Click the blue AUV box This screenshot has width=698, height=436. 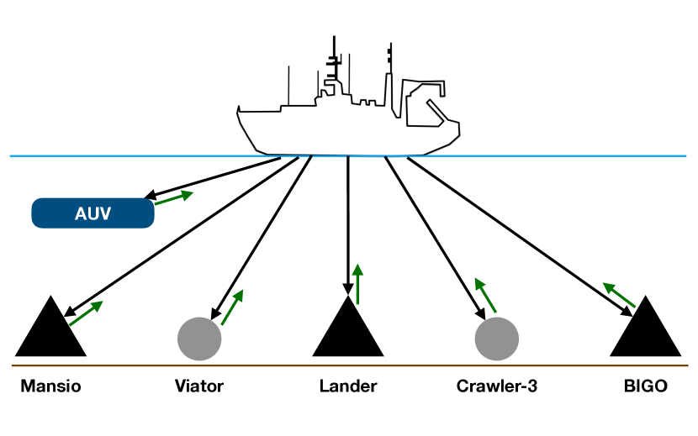pos(93,213)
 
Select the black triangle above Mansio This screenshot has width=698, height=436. pos(50,333)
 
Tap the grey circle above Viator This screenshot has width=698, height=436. pos(199,339)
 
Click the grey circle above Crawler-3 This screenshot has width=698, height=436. pos(497,339)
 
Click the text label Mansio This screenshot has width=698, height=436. pos(50,387)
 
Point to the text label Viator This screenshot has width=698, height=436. pos(199,387)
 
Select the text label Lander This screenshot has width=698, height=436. pos(348,387)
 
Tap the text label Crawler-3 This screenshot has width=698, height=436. pos(497,387)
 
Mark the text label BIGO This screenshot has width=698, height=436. pos(646,387)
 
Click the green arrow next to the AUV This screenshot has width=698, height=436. pos(172,198)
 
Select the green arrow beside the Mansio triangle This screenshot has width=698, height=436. pos(85,313)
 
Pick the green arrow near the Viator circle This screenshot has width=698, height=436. pos(232,307)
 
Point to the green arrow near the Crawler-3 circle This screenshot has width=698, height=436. pos(485,294)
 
